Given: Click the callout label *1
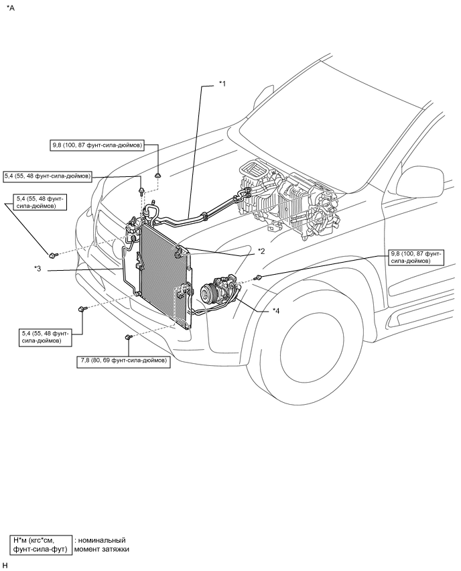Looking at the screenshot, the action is [x=222, y=84].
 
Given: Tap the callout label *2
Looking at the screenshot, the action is [x=261, y=251].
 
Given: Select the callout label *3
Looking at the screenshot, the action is [x=38, y=269].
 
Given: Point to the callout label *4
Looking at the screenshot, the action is [x=276, y=311].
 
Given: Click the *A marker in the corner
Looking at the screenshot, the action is [x=10, y=8].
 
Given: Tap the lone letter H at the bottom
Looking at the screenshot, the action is [x=5, y=565].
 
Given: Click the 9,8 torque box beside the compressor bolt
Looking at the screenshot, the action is [x=415, y=257].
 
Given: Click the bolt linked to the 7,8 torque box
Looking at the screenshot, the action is [x=128, y=337].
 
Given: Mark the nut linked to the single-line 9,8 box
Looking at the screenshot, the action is [x=158, y=177].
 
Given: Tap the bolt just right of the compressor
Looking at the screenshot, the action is [x=259, y=278].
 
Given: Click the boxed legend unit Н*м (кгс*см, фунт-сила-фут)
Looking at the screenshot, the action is [x=41, y=545].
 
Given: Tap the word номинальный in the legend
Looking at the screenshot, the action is [x=102, y=540].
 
